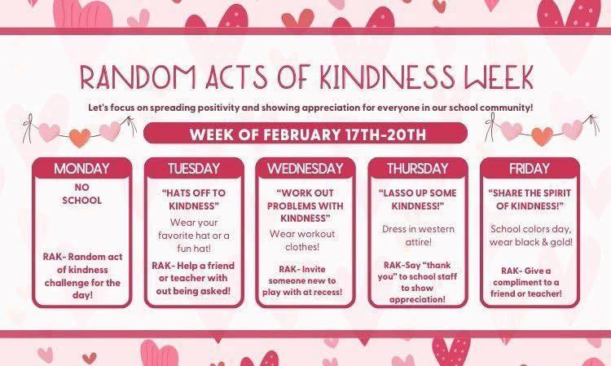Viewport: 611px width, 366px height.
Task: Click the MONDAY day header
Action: coord(81,169)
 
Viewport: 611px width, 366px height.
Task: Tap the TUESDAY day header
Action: coord(194,169)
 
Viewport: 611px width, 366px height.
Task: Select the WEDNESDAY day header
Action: coord(305,169)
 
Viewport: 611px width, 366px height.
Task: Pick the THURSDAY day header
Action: coord(417,169)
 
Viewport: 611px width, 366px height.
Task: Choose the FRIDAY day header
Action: coord(530,169)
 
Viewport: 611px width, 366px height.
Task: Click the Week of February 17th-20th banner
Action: coord(305,132)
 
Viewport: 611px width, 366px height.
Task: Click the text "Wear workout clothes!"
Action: coord(305,241)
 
